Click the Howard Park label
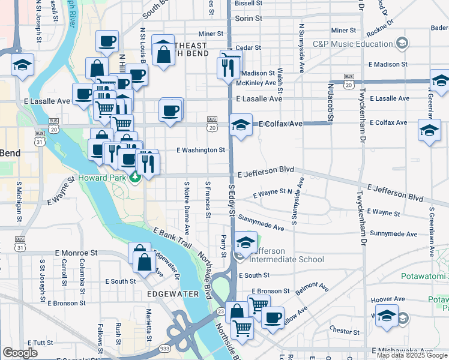tap(102, 179)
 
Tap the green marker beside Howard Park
tap(136, 177)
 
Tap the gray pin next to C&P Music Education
tap(402, 43)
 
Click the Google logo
tap(20, 353)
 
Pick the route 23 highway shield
tap(221, 311)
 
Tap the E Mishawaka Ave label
tap(402, 350)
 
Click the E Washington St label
tap(200, 150)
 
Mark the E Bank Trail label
tap(172, 238)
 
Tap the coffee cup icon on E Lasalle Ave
tap(170, 110)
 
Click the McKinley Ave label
tap(259, 82)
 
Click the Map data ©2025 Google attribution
tap(412, 355)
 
